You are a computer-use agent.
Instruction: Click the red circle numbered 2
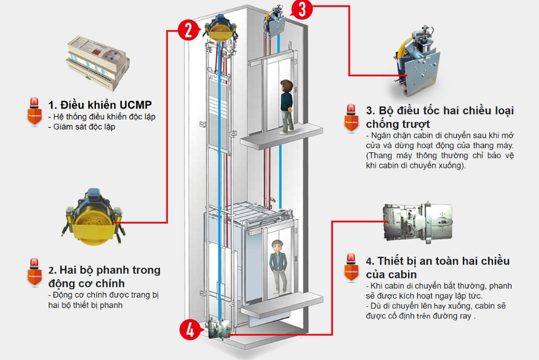point(188,28)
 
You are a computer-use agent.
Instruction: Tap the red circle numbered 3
point(304,10)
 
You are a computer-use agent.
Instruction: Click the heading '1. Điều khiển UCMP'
point(100,103)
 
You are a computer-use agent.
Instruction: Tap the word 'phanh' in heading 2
point(124,270)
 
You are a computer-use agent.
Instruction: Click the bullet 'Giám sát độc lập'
point(83,127)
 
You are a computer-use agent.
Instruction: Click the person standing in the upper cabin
point(287,106)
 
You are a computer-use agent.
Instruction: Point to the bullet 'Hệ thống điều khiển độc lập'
point(100,117)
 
